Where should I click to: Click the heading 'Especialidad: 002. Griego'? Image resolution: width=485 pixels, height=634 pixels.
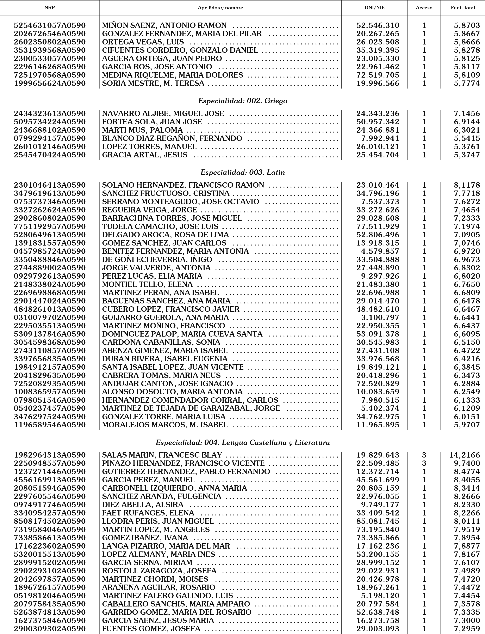[243, 101]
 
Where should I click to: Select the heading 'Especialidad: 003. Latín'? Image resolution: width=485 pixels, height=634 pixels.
[243, 173]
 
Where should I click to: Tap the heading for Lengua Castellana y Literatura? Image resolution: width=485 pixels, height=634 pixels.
[243, 442]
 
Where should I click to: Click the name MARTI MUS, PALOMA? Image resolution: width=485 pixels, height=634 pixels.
[142, 130]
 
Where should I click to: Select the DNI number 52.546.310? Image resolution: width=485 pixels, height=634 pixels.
[378, 25]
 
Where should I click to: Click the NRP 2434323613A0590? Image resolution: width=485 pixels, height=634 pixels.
[50, 114]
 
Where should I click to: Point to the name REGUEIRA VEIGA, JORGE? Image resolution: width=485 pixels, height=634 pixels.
[149, 210]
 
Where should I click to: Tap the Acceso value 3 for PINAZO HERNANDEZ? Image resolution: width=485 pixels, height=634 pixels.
[424, 463]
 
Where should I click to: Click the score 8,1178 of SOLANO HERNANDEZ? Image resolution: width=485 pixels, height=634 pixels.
[467, 185]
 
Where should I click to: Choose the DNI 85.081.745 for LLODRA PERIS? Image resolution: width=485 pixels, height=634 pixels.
[378, 521]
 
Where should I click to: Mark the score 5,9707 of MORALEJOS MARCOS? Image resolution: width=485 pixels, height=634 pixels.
[467, 425]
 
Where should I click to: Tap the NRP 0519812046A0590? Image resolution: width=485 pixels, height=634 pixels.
[50, 596]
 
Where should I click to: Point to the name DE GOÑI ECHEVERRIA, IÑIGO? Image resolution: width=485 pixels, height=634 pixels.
[157, 259]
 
